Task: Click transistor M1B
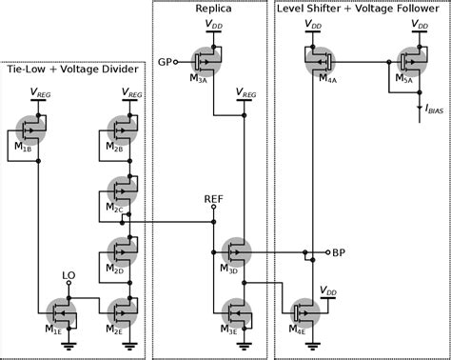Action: click(x=35, y=128)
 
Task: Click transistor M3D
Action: click(x=239, y=253)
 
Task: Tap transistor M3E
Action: click(x=239, y=310)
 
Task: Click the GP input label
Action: click(x=166, y=62)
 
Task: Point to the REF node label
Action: click(x=214, y=200)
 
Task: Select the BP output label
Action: click(x=340, y=253)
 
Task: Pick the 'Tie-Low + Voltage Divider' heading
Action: click(x=72, y=69)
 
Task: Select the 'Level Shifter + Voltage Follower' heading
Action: click(x=361, y=9)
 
